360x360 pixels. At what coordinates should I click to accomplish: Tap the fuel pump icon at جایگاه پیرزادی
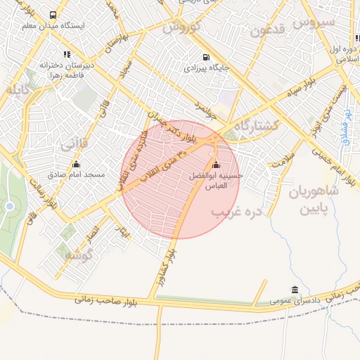[x=205, y=58]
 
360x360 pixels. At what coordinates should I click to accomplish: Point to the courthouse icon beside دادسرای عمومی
[x=294, y=290]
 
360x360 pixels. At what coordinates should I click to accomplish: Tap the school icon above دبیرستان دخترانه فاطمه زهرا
[x=67, y=53]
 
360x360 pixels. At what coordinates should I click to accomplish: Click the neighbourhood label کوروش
[x=182, y=28]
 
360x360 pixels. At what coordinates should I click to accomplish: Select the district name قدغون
[x=266, y=30]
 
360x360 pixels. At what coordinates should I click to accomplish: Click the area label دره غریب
[x=236, y=210]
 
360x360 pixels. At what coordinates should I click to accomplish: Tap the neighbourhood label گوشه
[x=78, y=256]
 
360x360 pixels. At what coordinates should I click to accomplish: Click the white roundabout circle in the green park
[x=10, y=206]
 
